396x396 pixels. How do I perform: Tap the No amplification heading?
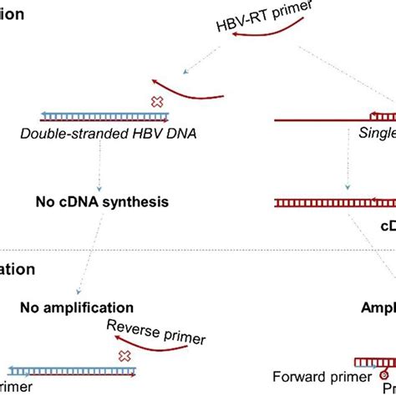(x=77, y=307)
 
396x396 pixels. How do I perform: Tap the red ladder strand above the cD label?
(x=334, y=202)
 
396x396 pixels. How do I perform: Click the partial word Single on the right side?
(x=376, y=134)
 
